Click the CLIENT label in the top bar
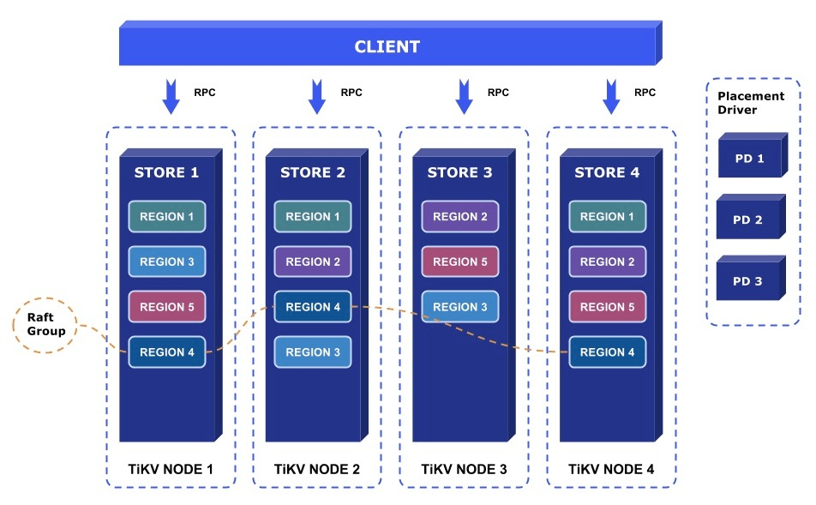(x=387, y=47)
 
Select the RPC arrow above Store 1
(x=171, y=96)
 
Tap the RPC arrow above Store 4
(x=611, y=96)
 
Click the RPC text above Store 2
(x=351, y=92)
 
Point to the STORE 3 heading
(x=459, y=172)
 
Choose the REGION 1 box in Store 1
(x=166, y=217)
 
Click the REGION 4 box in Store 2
(x=313, y=307)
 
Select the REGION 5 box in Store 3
(x=460, y=262)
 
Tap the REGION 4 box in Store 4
(x=608, y=352)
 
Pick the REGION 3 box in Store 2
(x=313, y=352)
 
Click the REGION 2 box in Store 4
(x=608, y=262)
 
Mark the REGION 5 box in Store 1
(x=166, y=307)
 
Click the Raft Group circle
(x=45, y=299)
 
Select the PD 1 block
(x=750, y=159)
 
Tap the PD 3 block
(x=747, y=281)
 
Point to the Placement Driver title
(x=751, y=103)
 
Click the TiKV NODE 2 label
(x=317, y=469)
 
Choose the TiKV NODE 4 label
(x=611, y=469)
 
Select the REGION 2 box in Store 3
(x=460, y=217)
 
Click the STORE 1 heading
(x=166, y=172)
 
